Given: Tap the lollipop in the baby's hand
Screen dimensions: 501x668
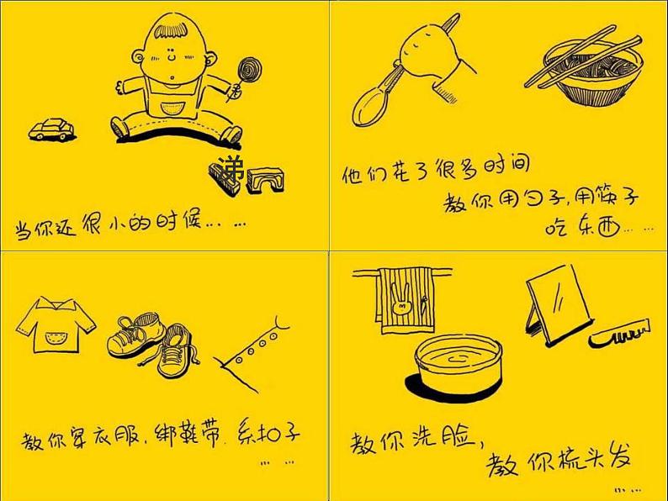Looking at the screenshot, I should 250,71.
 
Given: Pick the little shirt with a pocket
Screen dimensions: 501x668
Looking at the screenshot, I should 56,326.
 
